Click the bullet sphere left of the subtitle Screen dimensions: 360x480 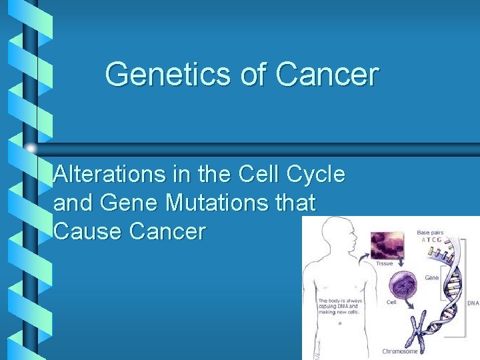pos(31,148)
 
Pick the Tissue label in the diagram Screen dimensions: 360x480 pos(385,263)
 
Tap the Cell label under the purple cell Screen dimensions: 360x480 pos(392,302)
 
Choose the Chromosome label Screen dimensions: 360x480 pos(401,351)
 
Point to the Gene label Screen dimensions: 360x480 pos(431,277)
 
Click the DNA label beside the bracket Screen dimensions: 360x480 pos(473,302)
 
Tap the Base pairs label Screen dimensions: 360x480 pos(432,232)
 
